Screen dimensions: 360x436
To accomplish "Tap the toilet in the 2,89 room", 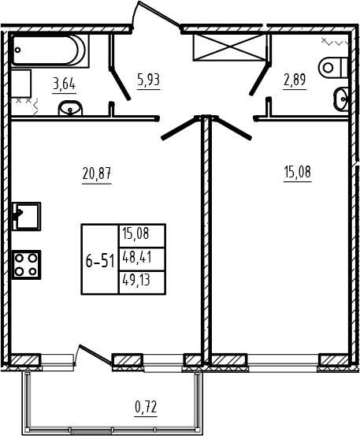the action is pyautogui.click(x=333, y=67).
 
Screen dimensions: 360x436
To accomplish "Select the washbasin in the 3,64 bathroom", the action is pyautogui.click(x=70, y=109).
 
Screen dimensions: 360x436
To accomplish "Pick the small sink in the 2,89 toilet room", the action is pyautogui.click(x=340, y=99).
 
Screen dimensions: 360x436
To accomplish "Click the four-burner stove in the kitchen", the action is pyautogui.click(x=26, y=264).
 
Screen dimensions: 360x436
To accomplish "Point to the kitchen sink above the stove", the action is pyautogui.click(x=26, y=216).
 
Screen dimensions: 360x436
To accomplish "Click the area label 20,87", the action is pyautogui.click(x=97, y=173).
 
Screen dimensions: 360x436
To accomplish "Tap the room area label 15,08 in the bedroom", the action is pyautogui.click(x=297, y=172).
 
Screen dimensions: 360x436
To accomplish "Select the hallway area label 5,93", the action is pyautogui.click(x=149, y=80).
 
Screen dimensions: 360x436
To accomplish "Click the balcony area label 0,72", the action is pyautogui.click(x=146, y=408).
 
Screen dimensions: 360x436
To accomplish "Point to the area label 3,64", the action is pyautogui.click(x=64, y=84).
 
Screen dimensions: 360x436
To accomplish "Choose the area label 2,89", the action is pyautogui.click(x=295, y=80).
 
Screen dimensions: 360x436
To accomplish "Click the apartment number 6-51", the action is pyautogui.click(x=100, y=262).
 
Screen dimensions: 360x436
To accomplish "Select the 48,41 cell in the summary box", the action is pyautogui.click(x=136, y=258).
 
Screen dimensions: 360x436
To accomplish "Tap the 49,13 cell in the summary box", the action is pyautogui.click(x=136, y=281).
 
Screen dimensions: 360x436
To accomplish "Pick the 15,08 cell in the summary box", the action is pyautogui.click(x=135, y=233).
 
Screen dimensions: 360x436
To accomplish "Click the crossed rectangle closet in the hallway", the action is pyautogui.click(x=229, y=47).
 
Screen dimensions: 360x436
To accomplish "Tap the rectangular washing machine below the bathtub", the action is pyautogui.click(x=21, y=84).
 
